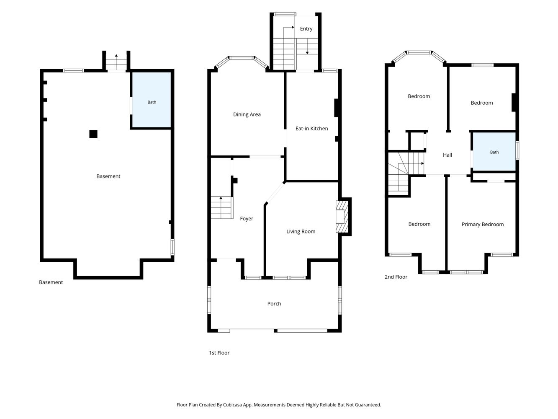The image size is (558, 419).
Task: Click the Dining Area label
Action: (x=247, y=114)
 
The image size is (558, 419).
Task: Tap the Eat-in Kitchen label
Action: (x=311, y=129)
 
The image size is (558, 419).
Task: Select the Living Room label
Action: (x=301, y=232)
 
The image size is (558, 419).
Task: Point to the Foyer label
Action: (x=246, y=219)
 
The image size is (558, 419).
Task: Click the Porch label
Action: (x=274, y=303)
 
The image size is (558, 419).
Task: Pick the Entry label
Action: (x=306, y=29)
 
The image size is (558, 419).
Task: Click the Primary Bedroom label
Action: (x=483, y=225)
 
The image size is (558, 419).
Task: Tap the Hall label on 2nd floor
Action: (x=447, y=155)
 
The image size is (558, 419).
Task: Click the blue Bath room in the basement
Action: (x=152, y=100)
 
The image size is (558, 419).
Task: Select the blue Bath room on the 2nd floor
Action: (x=494, y=152)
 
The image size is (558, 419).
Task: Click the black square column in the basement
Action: (x=93, y=134)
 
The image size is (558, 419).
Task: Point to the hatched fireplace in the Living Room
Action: (x=342, y=217)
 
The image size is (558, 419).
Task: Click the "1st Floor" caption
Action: (x=219, y=353)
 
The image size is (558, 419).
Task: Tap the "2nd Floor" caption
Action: (x=396, y=277)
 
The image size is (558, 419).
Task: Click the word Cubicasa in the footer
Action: (x=232, y=405)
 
